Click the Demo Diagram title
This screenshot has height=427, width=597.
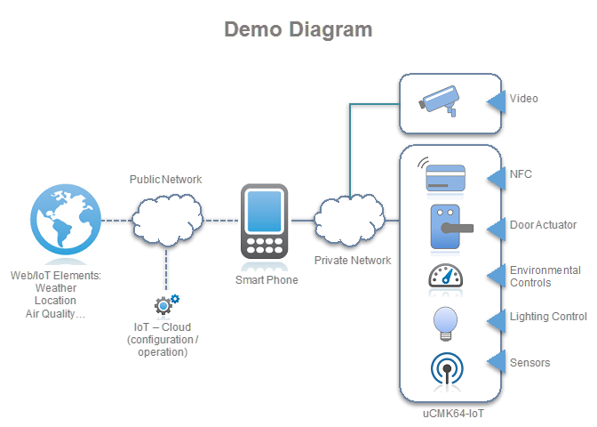coord(298,29)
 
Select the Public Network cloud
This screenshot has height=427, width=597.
coord(165,219)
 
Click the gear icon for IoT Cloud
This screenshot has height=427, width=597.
coord(166,305)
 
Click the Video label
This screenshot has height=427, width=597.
coord(524,99)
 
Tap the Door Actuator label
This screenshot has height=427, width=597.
coord(543,225)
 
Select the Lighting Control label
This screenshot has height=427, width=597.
coord(548,317)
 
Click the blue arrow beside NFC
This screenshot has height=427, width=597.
coord(496,175)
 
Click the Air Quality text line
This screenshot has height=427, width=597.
coord(55,313)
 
